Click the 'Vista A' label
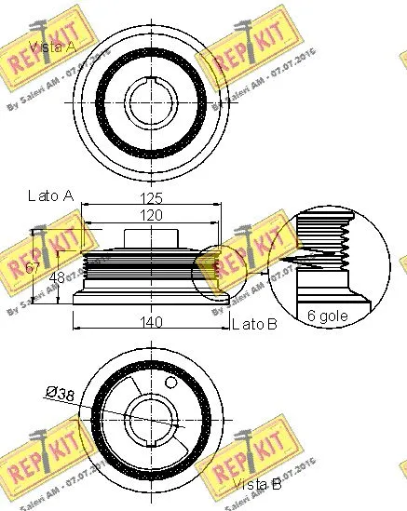point(52,47)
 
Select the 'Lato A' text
point(51,195)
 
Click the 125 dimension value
point(152,197)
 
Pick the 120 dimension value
point(152,215)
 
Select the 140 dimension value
point(152,322)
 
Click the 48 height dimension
point(57,276)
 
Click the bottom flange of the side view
point(152,299)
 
